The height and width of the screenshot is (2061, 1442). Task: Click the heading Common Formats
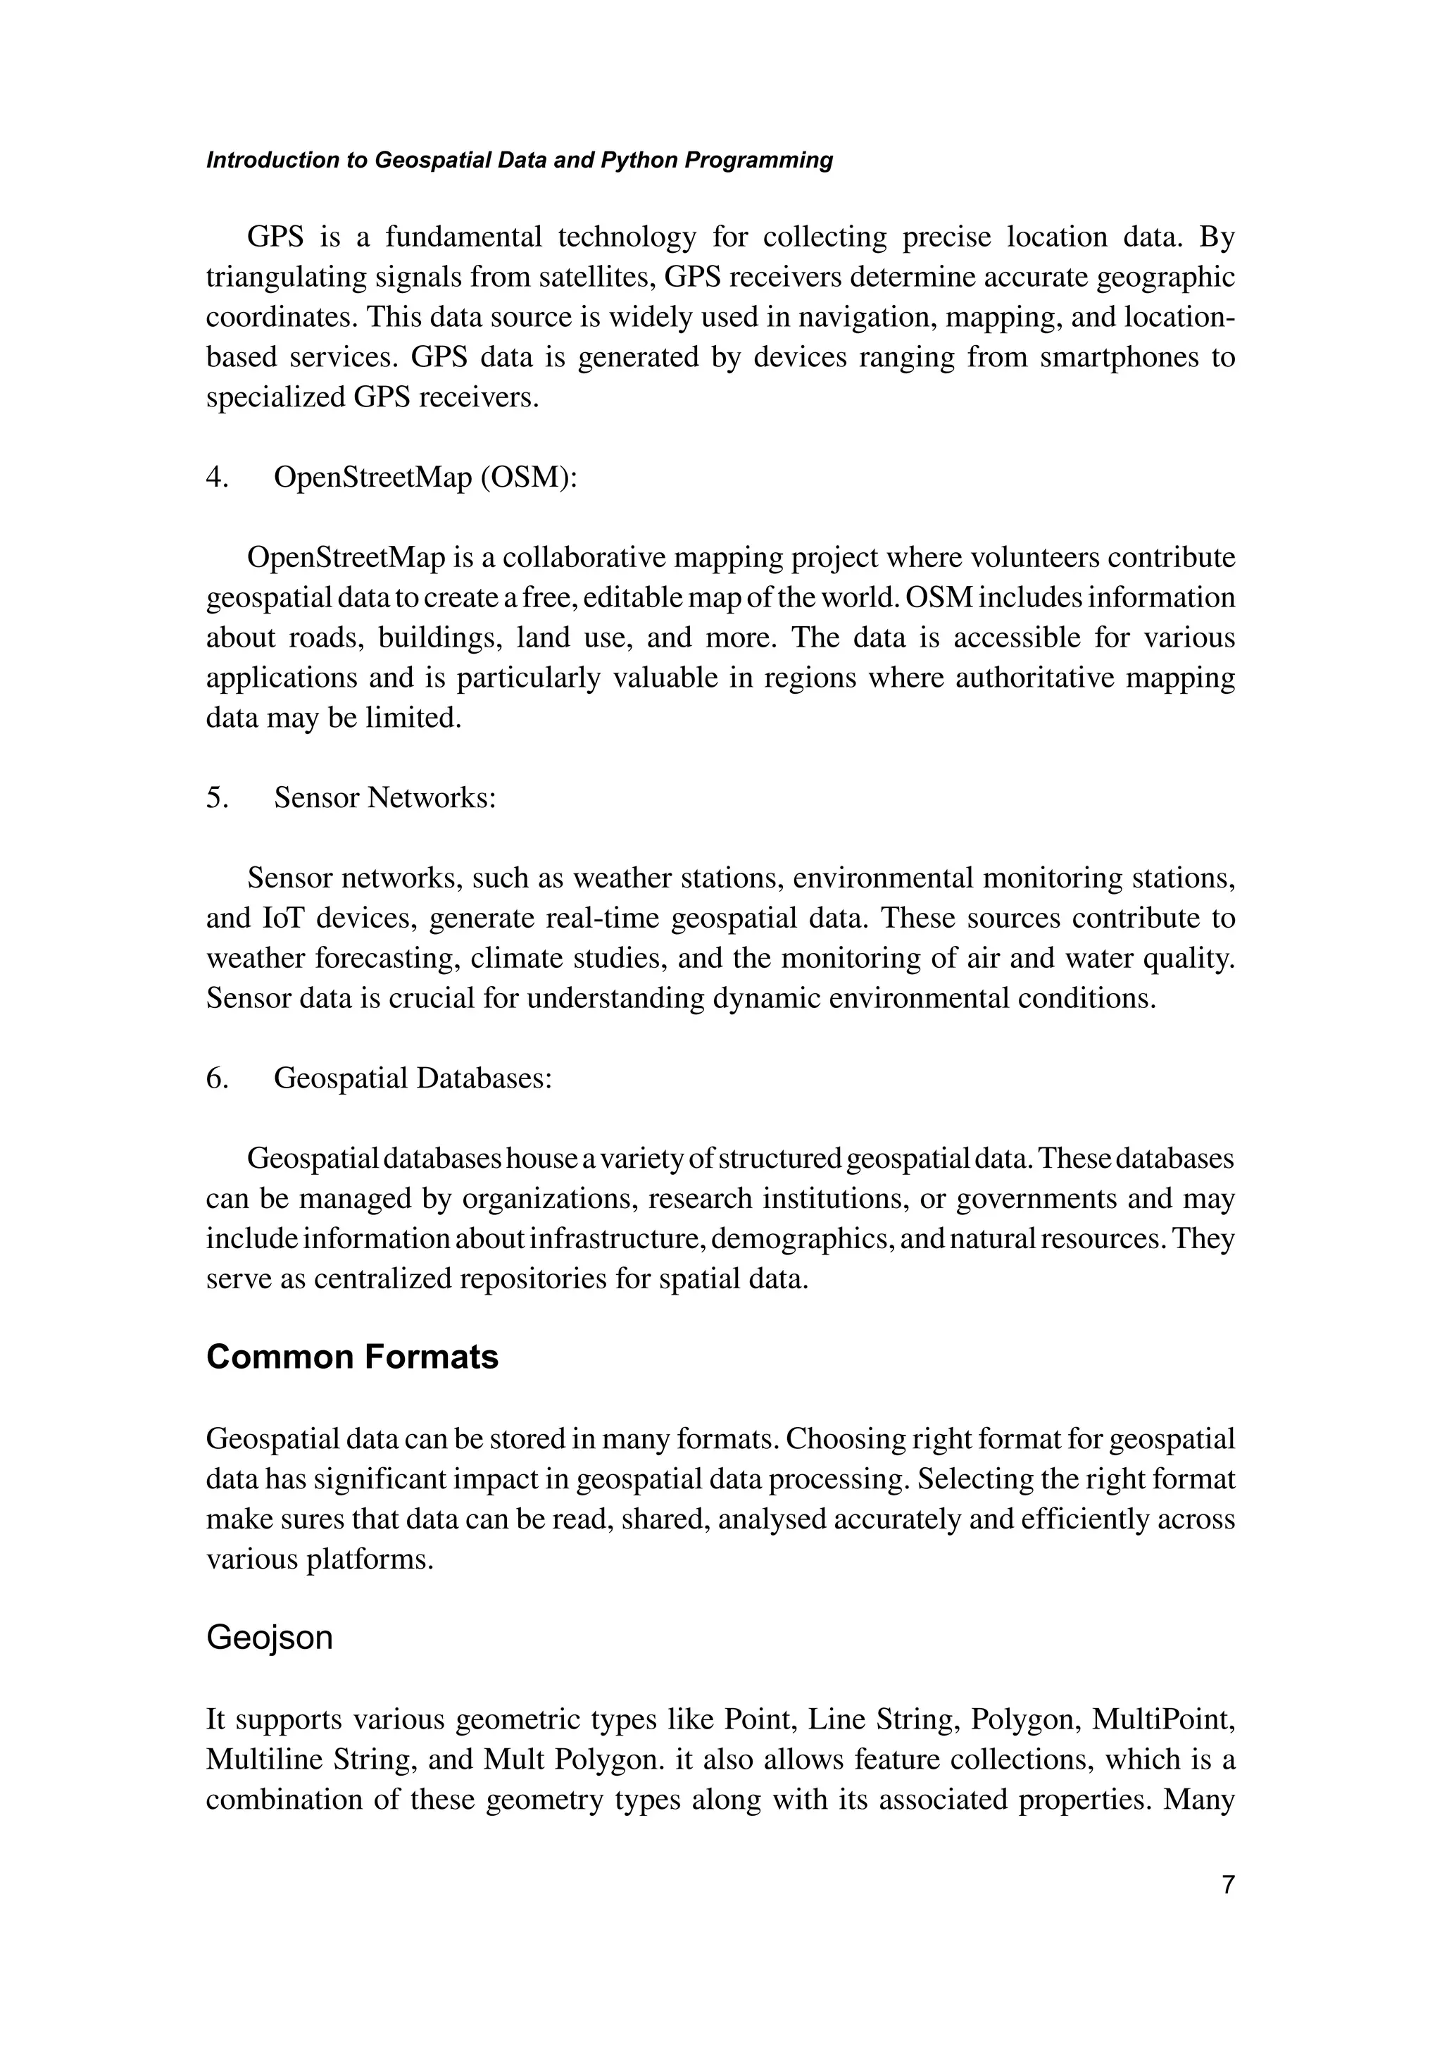coord(352,1357)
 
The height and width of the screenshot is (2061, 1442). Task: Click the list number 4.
coord(216,478)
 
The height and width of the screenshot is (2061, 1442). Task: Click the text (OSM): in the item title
coord(529,478)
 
